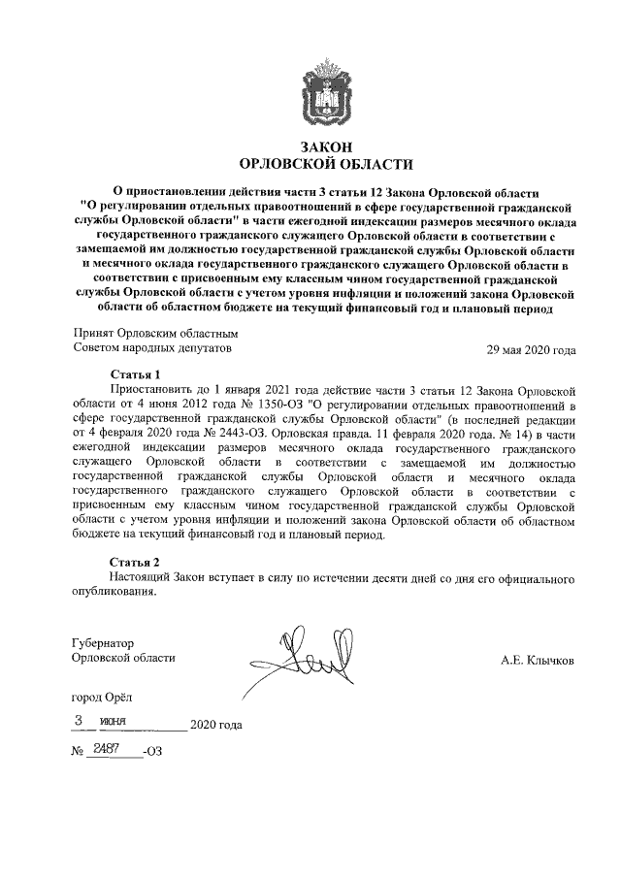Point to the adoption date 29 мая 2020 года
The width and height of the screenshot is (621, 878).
coord(531,350)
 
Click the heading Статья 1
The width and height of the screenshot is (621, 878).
coord(135,373)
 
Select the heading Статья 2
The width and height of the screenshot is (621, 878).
coord(135,562)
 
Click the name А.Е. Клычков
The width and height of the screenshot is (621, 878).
coord(537,659)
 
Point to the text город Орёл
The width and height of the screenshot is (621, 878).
coord(105,697)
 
